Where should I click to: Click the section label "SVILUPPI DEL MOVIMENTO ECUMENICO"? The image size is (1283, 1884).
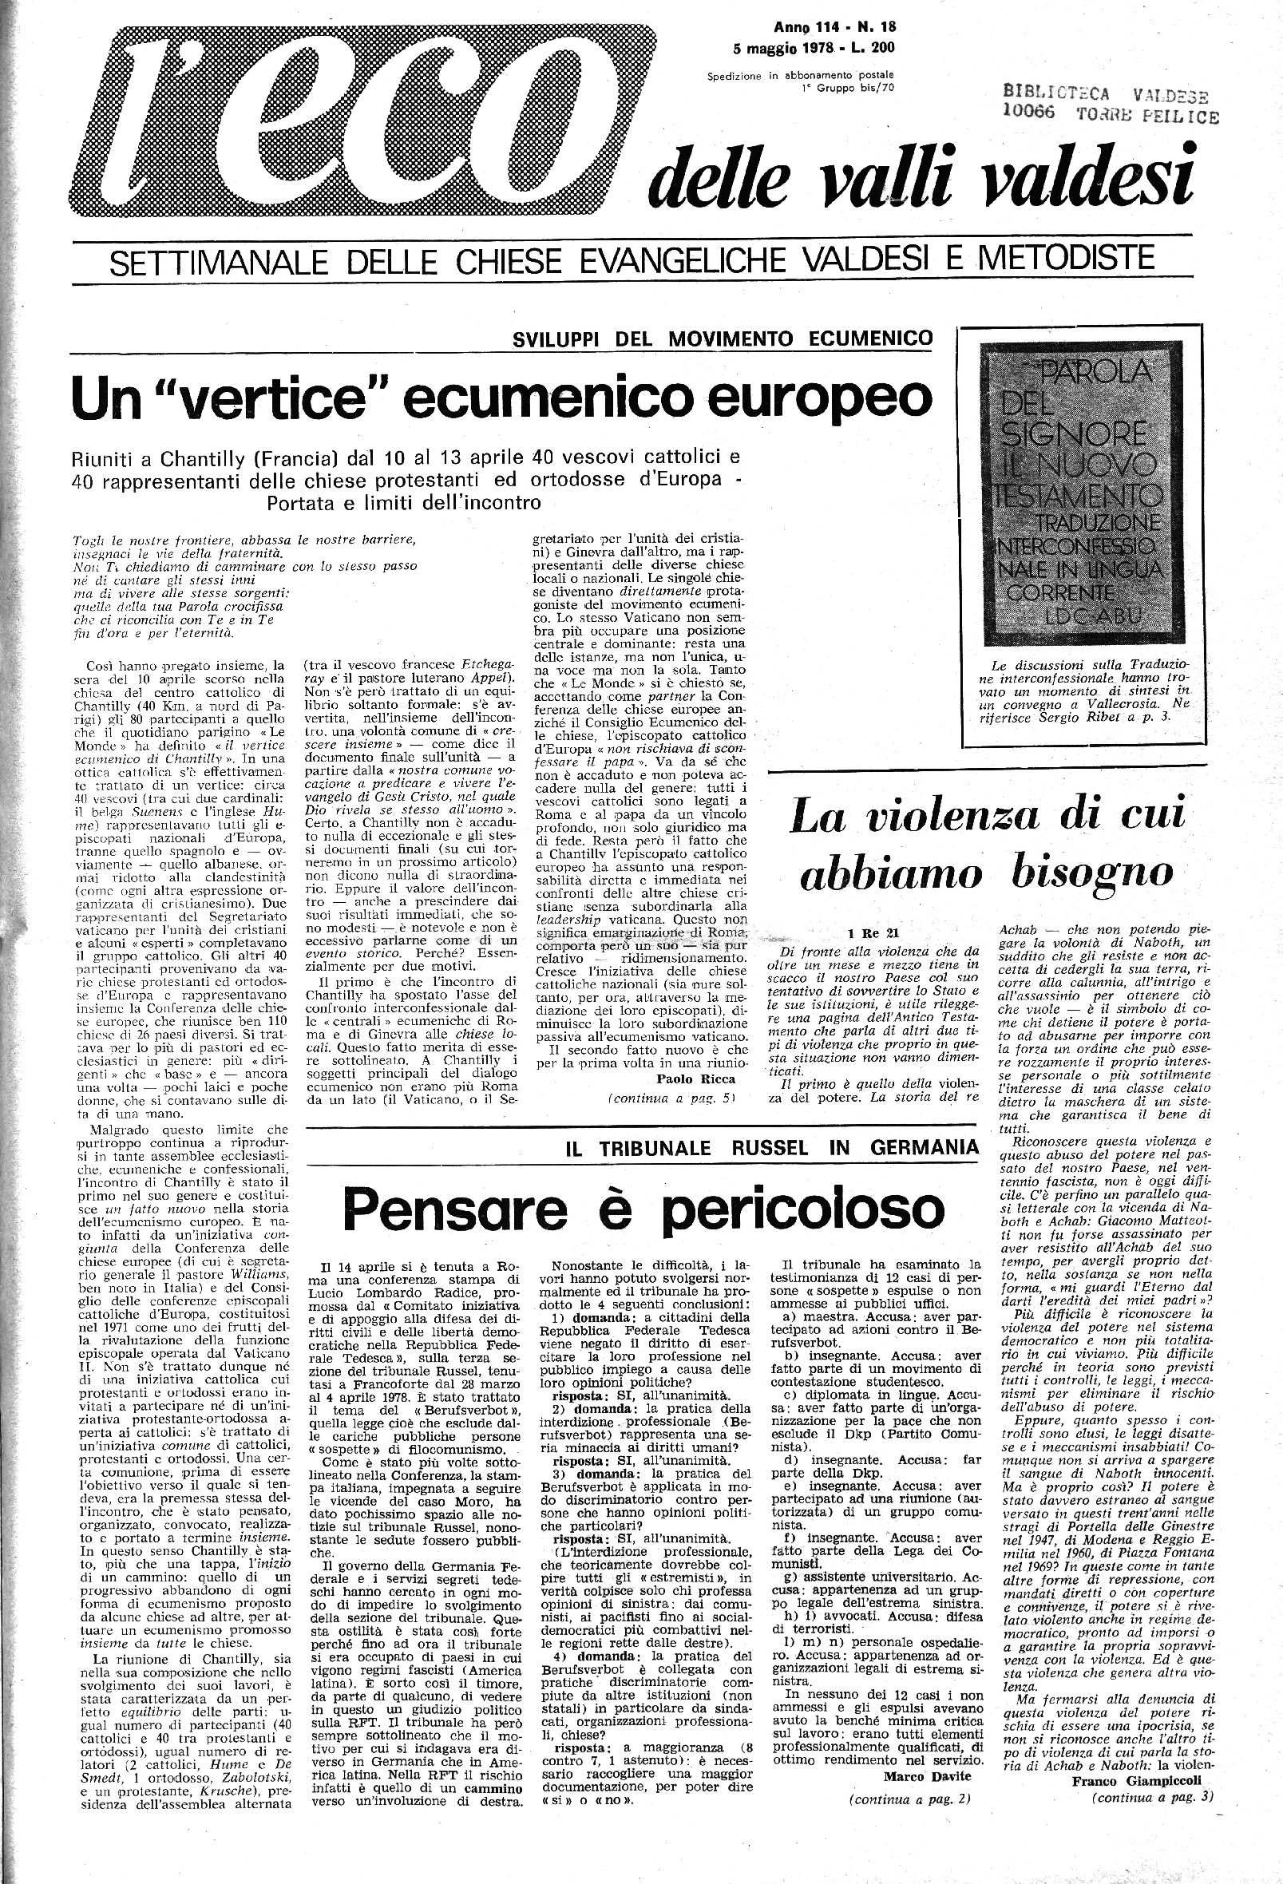point(723,338)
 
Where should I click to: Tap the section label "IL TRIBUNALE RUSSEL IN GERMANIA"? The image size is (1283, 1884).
point(771,1146)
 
